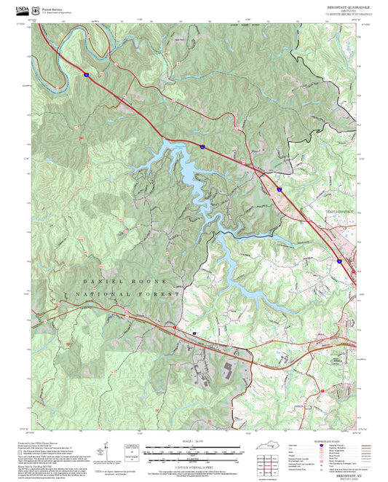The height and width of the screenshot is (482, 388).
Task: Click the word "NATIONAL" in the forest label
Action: click(x=96, y=293)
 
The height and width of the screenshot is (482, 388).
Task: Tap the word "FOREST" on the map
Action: click(x=162, y=293)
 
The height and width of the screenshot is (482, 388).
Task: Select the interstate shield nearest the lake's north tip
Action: click(x=203, y=148)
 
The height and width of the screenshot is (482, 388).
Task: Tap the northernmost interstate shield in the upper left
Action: click(x=85, y=74)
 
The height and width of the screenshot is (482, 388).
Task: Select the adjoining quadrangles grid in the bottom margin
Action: click(x=274, y=470)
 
